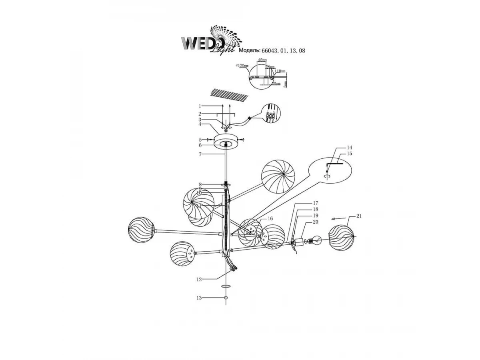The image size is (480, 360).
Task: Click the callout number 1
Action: [199, 106]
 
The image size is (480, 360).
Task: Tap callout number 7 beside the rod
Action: [199, 154]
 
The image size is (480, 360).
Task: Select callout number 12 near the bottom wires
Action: [199, 280]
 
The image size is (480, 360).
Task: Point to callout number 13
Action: [199, 298]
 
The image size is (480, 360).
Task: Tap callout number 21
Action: [358, 216]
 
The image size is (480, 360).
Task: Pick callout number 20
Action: [316, 222]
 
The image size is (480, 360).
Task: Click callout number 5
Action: [199, 140]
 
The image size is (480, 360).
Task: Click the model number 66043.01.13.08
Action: [283, 51]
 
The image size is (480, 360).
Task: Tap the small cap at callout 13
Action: [226, 298]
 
